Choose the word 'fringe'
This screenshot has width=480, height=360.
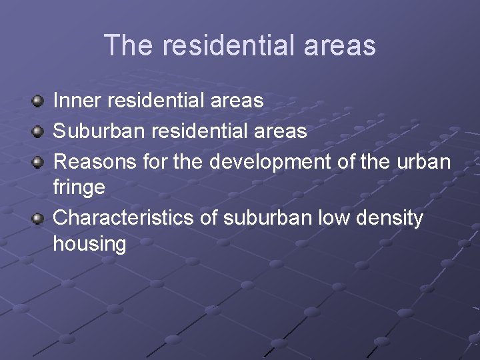click(79, 188)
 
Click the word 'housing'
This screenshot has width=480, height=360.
click(89, 245)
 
